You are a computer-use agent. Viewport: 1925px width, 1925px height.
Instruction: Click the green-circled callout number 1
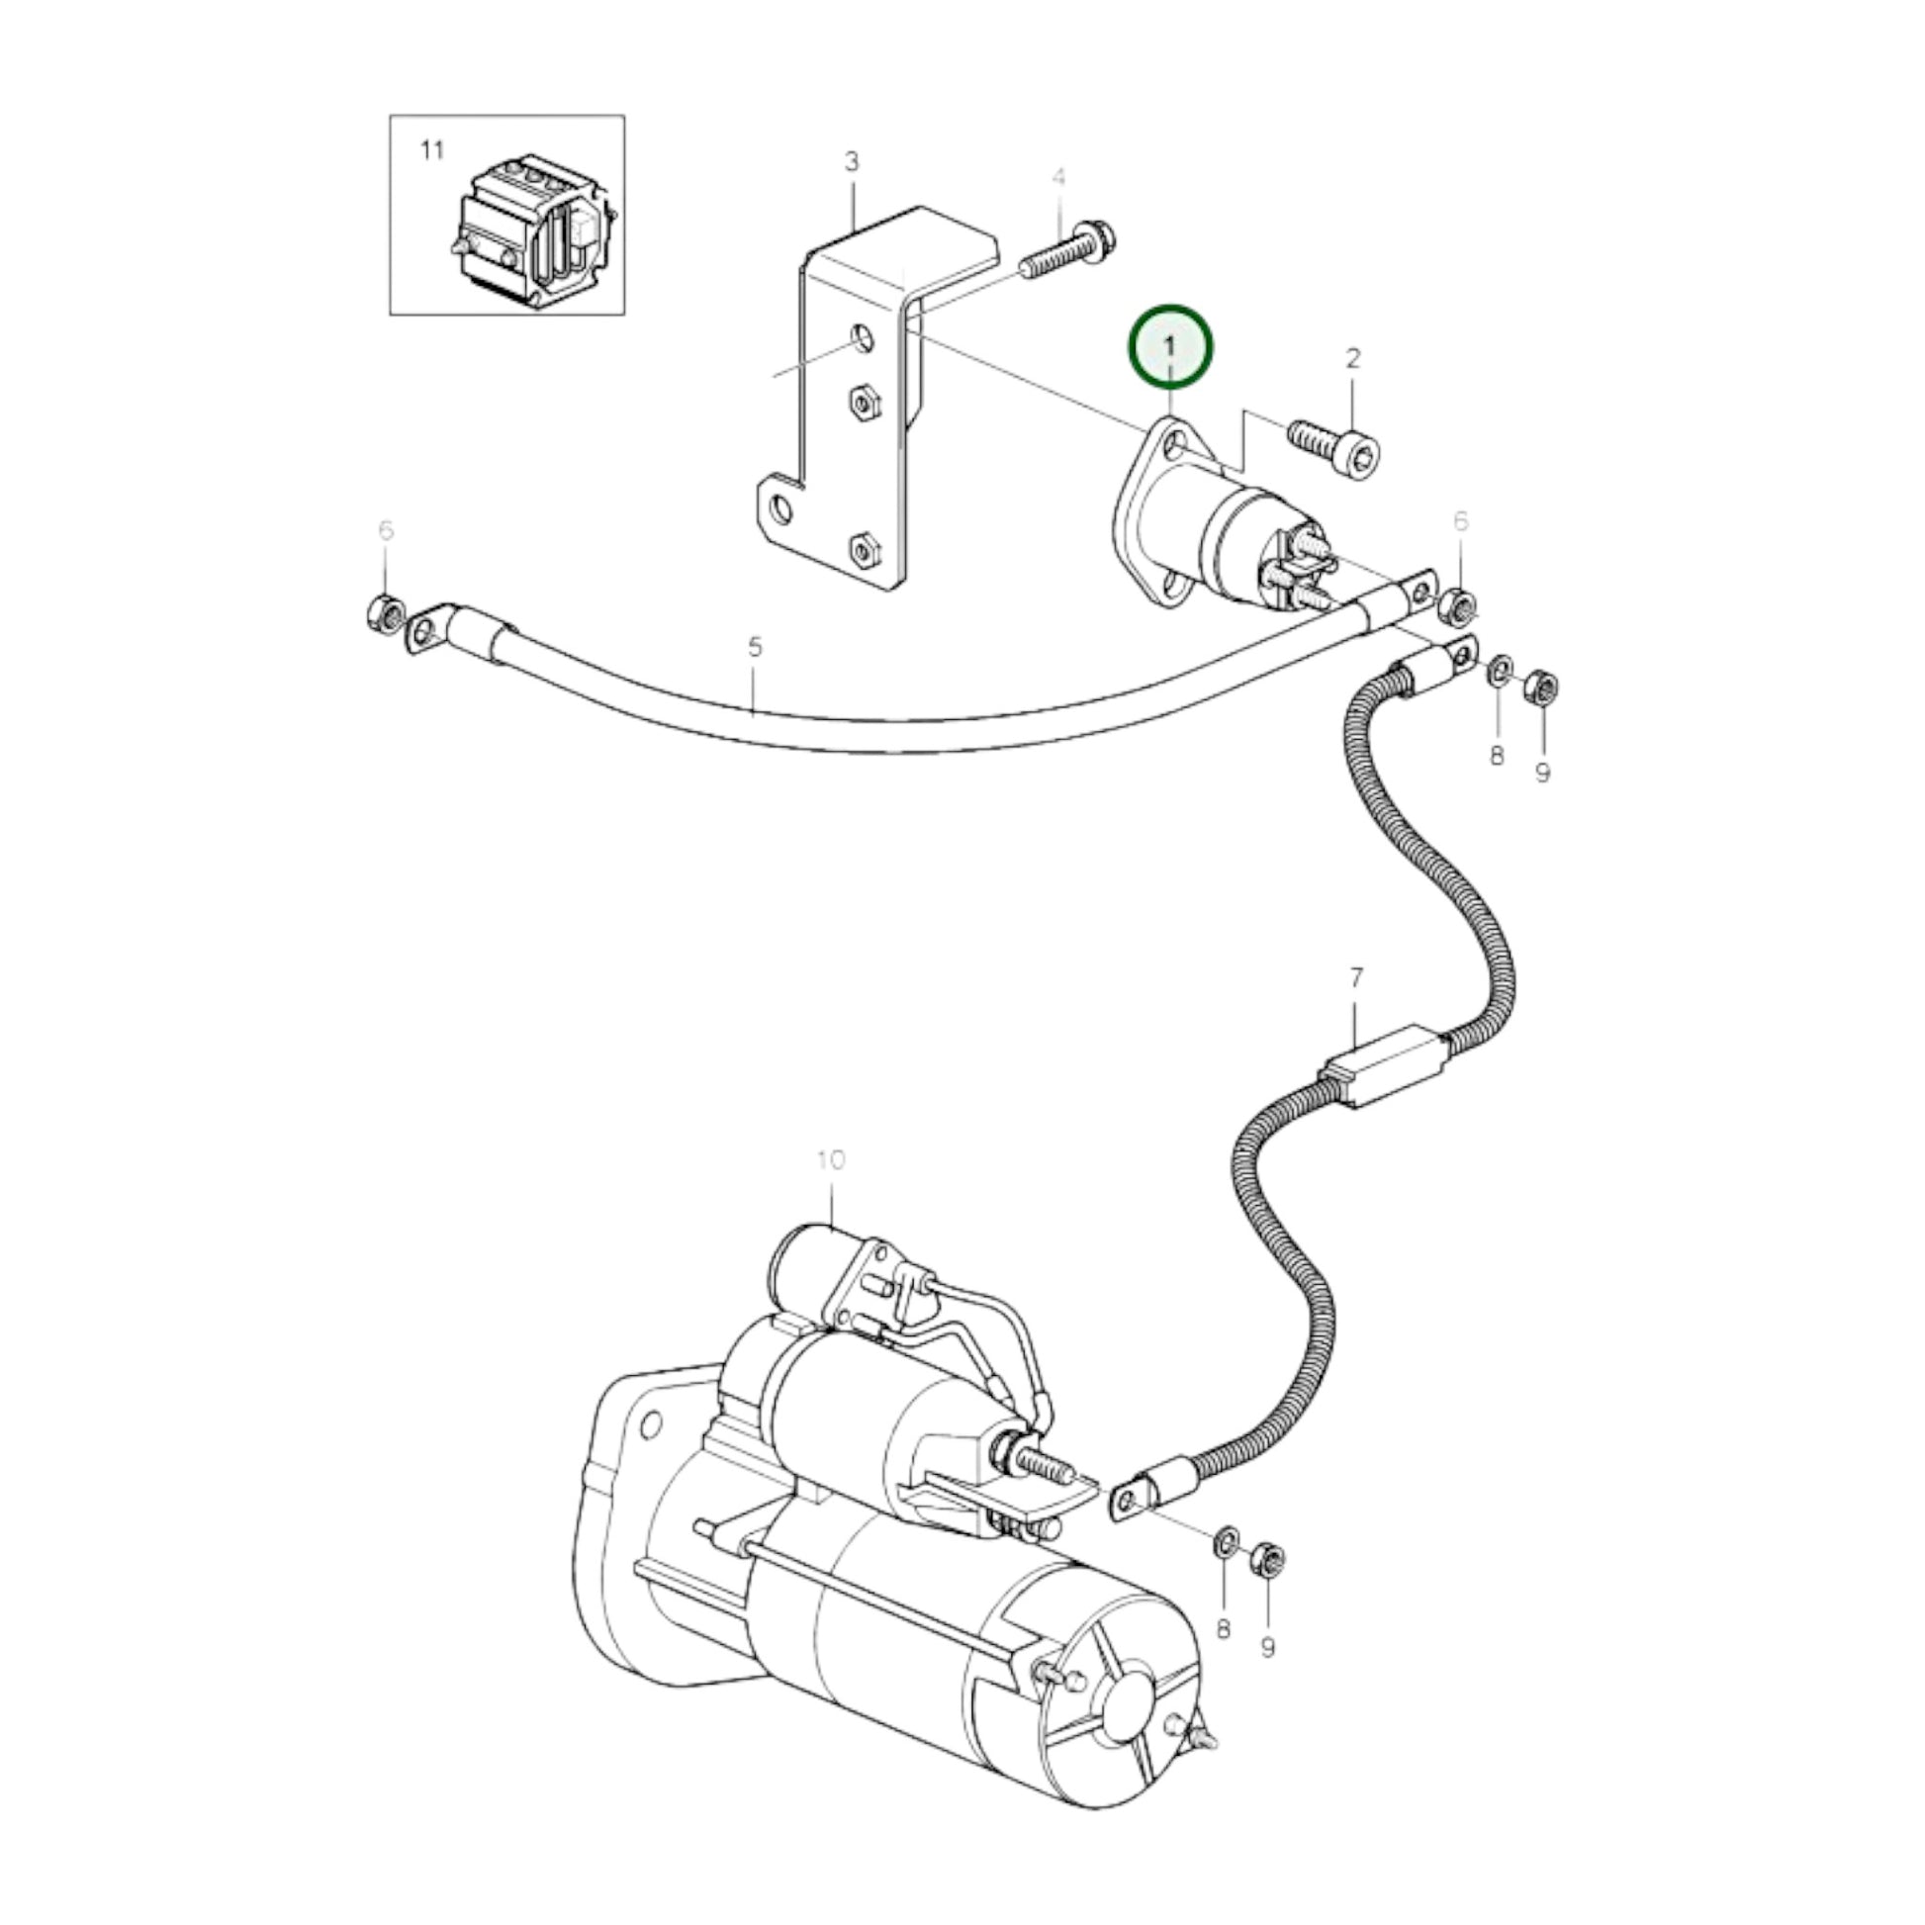point(1170,346)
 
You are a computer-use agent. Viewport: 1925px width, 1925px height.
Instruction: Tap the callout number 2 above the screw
point(1352,358)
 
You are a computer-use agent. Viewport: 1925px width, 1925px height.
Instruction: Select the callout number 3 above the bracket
point(851,161)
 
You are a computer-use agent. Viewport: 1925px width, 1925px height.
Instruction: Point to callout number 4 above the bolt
point(1058,178)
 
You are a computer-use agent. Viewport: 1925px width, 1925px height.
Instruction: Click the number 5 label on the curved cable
point(754,647)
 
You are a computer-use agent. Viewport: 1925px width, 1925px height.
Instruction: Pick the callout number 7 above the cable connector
point(1355,978)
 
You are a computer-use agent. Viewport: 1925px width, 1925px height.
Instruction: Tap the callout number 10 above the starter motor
point(830,1159)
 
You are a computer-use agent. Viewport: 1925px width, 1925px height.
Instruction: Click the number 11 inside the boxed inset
point(431,151)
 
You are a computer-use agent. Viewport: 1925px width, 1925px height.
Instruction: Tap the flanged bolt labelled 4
point(1068,252)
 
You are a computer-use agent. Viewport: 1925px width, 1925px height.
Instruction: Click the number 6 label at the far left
point(386,530)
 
